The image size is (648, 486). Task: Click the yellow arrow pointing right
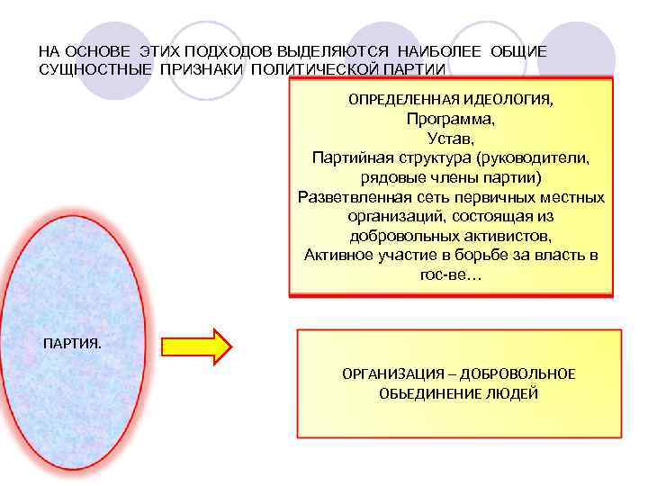click(x=196, y=346)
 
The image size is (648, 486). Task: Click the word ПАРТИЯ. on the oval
click(x=73, y=344)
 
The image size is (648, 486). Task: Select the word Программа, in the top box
click(x=450, y=118)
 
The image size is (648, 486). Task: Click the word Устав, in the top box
click(x=451, y=138)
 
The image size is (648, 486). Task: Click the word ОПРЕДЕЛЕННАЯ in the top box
click(x=403, y=99)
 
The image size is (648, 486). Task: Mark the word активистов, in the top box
click(x=499, y=236)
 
